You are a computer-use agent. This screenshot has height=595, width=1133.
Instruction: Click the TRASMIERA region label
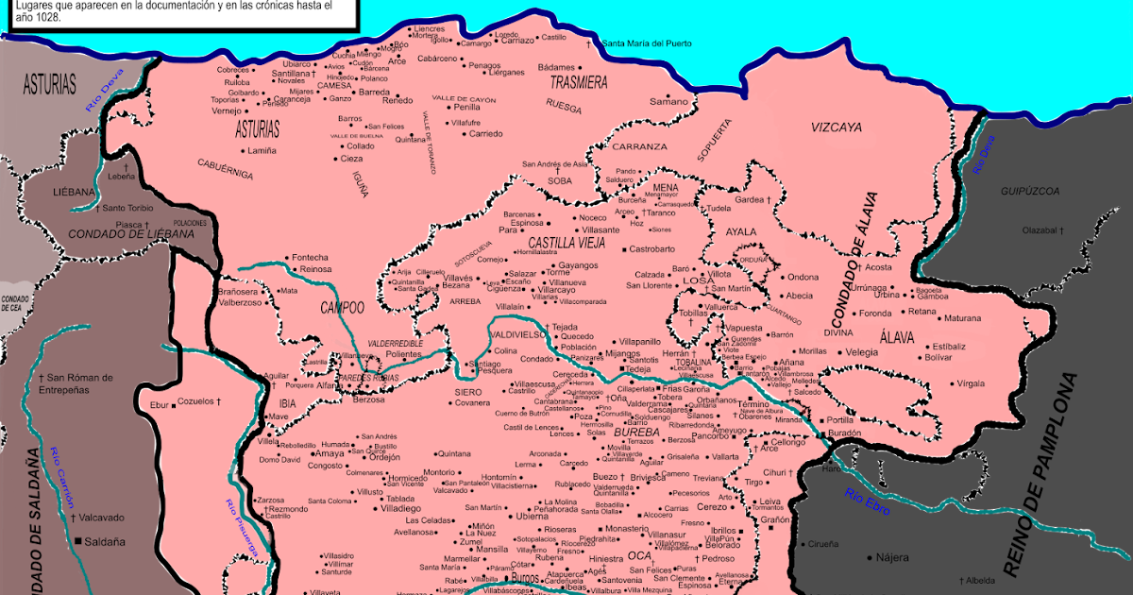click(x=579, y=82)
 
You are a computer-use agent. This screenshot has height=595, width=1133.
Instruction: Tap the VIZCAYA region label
click(x=836, y=127)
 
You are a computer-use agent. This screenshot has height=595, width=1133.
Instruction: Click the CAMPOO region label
click(x=342, y=307)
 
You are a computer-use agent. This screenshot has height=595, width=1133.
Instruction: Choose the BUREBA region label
click(x=635, y=432)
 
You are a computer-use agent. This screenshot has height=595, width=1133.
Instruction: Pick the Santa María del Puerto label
click(x=646, y=43)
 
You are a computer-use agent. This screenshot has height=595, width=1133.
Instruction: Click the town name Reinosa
click(x=315, y=269)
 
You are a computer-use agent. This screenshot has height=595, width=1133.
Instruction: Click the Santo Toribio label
click(x=127, y=208)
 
